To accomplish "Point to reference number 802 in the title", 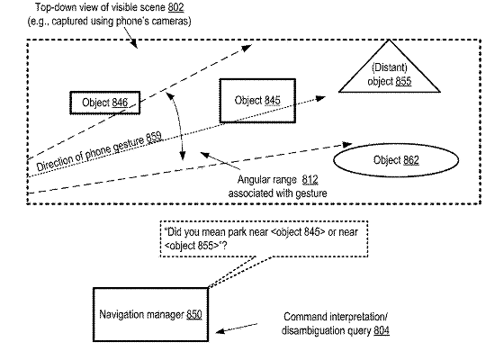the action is click(175, 7).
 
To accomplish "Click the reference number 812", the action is click(310, 180).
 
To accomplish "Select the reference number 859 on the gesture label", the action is click(154, 138).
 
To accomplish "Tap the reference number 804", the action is click(382, 330).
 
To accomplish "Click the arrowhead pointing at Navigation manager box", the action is click(220, 331).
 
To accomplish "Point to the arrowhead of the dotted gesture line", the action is click(320, 98).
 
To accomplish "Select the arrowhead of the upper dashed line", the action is click(247, 48).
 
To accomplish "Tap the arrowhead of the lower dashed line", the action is click(347, 144).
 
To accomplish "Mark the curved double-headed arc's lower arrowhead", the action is click(183, 156).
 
